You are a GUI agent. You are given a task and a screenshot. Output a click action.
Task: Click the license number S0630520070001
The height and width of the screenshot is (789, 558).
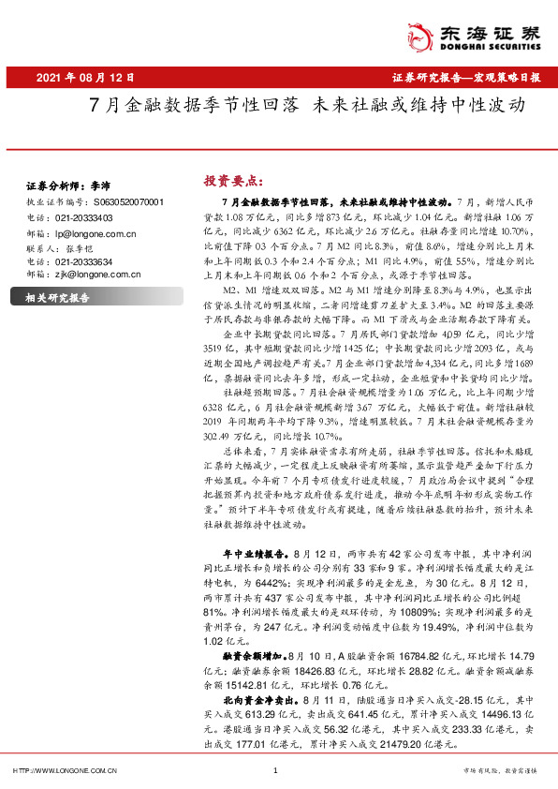point(128,201)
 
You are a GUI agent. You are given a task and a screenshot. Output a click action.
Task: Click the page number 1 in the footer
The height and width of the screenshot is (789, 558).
point(275,770)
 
